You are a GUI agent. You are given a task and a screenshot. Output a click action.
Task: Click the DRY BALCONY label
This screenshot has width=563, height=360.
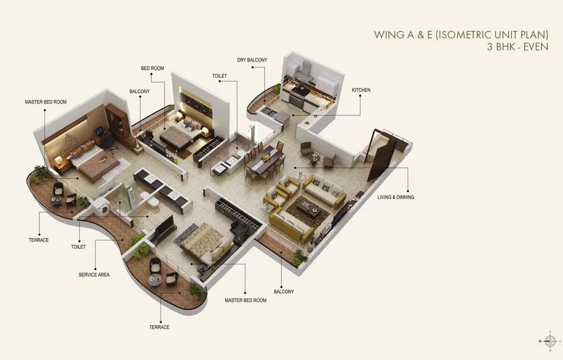252,60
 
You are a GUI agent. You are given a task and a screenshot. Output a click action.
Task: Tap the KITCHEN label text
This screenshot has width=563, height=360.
361,90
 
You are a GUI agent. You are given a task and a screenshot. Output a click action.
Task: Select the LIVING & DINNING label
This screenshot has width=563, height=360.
395,197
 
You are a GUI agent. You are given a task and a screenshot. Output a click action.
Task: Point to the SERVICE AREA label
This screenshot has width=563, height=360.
94,274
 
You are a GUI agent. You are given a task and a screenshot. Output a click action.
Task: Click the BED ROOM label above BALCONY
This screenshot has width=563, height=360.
152,68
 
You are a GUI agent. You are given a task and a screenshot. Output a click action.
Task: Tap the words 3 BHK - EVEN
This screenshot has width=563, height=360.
517,47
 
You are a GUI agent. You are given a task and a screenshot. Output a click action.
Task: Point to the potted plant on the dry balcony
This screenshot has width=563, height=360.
277,88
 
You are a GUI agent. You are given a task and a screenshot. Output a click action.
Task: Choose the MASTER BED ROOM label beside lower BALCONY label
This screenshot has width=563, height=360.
245,300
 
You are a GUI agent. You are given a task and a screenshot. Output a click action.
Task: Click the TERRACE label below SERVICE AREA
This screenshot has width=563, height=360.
159,327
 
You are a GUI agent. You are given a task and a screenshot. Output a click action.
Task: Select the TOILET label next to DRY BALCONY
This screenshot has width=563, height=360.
220,75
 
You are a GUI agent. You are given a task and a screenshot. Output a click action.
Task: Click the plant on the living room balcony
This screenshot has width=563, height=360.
299,256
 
